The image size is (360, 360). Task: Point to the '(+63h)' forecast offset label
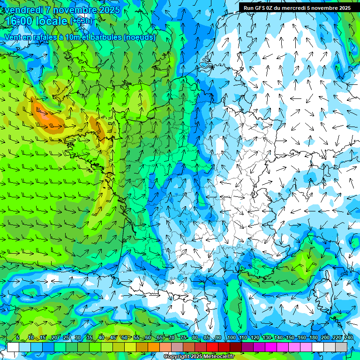81,21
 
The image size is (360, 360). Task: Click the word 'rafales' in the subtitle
40,37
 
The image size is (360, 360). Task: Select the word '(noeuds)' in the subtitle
140,37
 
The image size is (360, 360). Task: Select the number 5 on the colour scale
18,338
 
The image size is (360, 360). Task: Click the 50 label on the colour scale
124,338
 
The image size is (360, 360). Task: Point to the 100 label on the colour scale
231,338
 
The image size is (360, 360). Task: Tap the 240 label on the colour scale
349,338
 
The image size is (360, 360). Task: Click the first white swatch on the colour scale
13,347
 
